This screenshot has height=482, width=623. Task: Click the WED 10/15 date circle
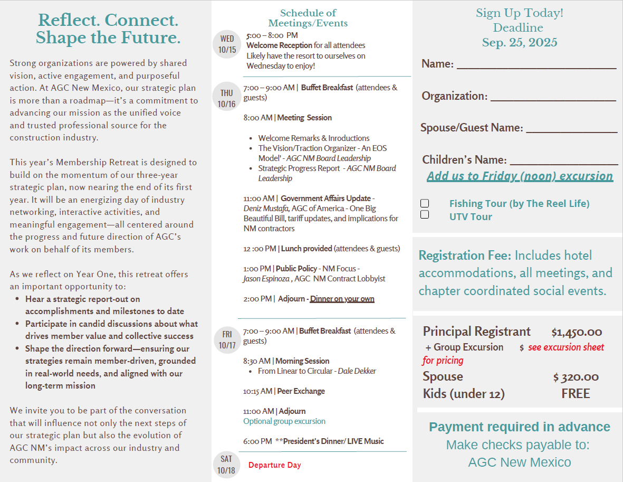point(227,44)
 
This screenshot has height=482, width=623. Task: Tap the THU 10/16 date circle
point(226,98)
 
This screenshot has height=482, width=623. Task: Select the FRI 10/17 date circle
point(227,339)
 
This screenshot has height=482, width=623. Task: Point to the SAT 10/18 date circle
point(226,465)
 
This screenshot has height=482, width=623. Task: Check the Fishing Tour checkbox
point(425,203)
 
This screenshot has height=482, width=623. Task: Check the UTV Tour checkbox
point(425,214)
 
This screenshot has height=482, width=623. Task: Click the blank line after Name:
point(536,66)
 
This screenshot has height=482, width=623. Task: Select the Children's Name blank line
point(563,162)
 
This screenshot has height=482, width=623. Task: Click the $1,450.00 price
point(577,332)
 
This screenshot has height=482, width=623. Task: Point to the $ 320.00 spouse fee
point(576,377)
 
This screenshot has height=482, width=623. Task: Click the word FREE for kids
point(576,394)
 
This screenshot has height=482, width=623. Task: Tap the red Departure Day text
point(274,465)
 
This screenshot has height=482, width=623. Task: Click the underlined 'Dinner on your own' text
point(342,299)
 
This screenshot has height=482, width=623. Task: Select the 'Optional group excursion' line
point(284,421)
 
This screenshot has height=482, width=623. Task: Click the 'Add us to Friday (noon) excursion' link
point(520,176)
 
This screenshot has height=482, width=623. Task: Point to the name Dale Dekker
point(357,371)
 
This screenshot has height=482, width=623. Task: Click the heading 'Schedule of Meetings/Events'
point(308,18)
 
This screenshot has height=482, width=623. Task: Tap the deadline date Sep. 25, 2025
point(520,43)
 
